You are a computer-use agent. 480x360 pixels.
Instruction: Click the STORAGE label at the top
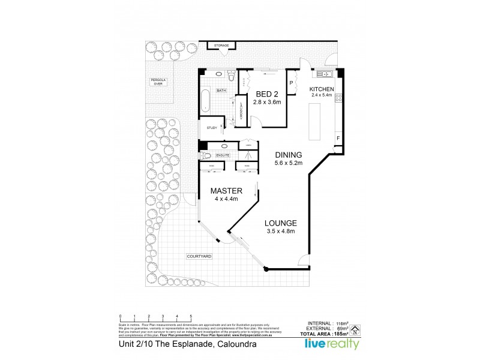click(x=222, y=45)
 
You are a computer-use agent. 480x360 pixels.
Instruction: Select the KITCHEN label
click(x=322, y=89)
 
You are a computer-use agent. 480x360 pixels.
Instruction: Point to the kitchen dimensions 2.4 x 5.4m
click(x=322, y=95)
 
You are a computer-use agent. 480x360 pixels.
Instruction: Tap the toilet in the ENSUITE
click(x=208, y=155)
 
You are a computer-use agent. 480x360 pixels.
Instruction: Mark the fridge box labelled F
click(x=338, y=139)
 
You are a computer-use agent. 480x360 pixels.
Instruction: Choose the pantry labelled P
click(x=292, y=83)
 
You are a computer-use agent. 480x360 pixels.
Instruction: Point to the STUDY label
click(x=211, y=128)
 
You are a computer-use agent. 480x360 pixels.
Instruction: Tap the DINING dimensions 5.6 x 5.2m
click(x=289, y=163)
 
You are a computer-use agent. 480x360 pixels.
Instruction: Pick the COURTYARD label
click(x=198, y=256)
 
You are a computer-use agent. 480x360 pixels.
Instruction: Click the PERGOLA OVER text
click(x=158, y=82)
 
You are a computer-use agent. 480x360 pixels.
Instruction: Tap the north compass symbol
click(x=355, y=329)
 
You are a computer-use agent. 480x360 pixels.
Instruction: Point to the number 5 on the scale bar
click(x=191, y=316)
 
